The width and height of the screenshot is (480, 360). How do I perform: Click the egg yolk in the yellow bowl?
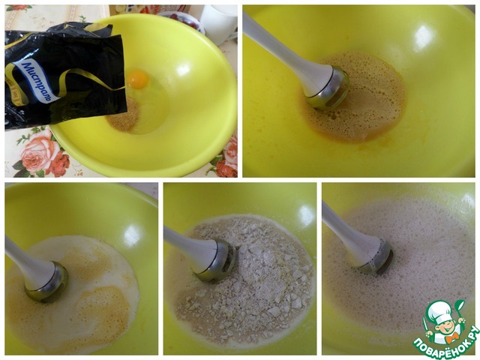tap(138, 79)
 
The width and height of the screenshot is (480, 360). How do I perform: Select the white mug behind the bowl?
tap(218, 24)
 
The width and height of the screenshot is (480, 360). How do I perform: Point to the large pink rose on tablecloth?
tap(40, 151)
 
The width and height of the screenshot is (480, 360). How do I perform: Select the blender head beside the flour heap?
tap(214, 260)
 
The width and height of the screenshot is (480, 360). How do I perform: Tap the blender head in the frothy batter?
tap(374, 257)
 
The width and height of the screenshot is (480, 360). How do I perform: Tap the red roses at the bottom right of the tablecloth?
tap(226, 158)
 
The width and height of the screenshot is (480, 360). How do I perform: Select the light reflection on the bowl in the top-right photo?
tap(423, 37)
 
